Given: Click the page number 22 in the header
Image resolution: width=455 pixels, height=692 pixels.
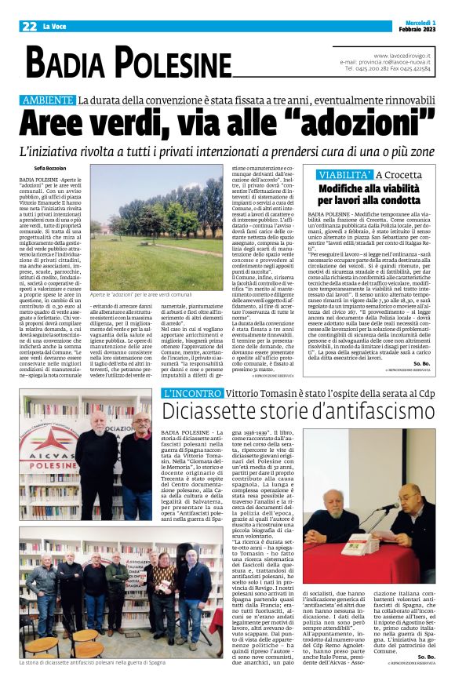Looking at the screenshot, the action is point(29,26).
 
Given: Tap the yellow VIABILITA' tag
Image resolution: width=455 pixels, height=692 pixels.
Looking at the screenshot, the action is point(344,175).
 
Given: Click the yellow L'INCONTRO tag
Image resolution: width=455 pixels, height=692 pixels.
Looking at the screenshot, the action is point(191,392).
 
